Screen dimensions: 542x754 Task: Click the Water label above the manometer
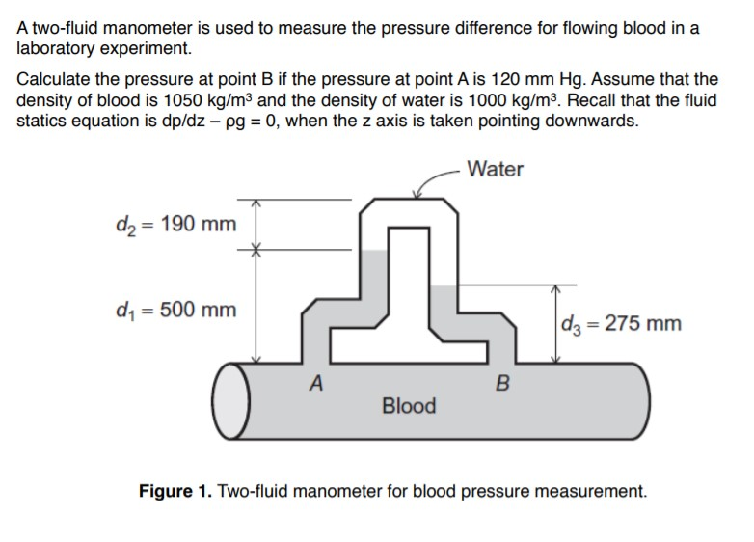pos(495,170)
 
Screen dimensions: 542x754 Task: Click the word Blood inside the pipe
pos(409,405)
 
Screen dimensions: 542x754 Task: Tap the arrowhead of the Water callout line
pos(414,200)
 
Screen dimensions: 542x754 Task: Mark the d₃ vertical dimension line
pos(555,323)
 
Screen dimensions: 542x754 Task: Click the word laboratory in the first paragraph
pos(57,48)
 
